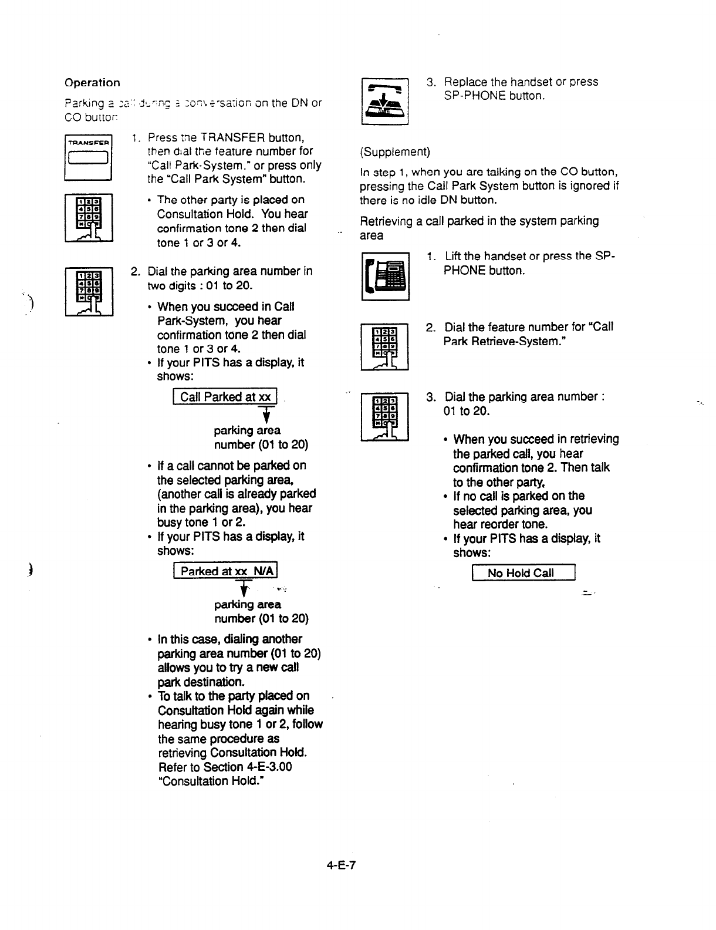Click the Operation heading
point(92,83)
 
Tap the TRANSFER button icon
point(89,156)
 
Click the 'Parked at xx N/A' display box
point(225,571)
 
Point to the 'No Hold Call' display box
point(524,573)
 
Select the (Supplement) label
point(395,152)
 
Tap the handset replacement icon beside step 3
point(385,101)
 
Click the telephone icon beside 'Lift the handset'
point(385,276)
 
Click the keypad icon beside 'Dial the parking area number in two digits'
point(89,291)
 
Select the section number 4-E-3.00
point(267,767)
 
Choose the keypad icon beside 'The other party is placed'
point(89,217)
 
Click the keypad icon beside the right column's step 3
point(385,416)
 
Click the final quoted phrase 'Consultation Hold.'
point(210,781)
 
